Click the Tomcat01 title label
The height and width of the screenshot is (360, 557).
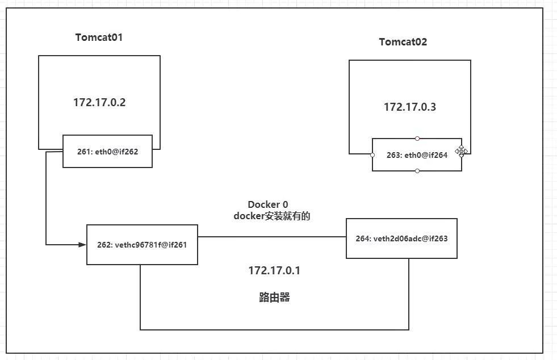coord(99,37)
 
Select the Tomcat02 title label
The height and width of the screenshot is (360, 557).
coord(403,42)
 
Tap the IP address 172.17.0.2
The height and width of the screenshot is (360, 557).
coord(99,103)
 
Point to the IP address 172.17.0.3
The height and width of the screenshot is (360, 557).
coord(410,107)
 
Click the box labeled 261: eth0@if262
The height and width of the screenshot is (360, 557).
coord(107,152)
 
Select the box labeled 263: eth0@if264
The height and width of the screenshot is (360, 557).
coord(417,154)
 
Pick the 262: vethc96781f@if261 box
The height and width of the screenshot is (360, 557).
coord(142,245)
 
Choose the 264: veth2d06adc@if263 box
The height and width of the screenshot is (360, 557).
coord(401,238)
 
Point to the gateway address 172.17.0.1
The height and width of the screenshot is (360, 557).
coord(274,271)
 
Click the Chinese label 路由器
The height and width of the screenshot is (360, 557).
coord(274,298)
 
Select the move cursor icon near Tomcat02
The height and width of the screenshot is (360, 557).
coord(461,151)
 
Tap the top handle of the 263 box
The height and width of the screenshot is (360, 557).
coord(417,139)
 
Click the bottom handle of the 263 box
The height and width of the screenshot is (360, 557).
coord(417,171)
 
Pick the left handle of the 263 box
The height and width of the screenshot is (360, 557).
coord(372,154)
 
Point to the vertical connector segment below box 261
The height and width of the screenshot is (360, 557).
coord(46,199)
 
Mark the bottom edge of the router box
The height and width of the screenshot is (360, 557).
coord(274,329)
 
